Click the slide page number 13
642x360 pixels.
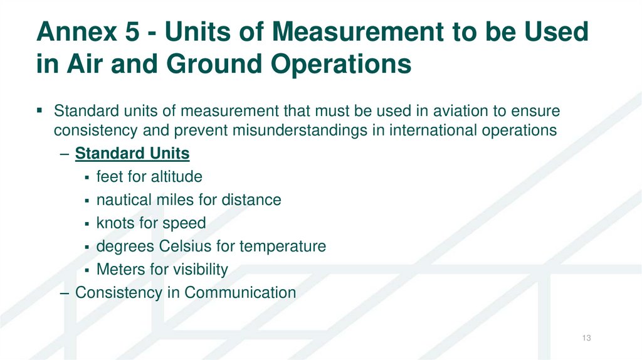coord(587,339)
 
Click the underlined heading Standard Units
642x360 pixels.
coord(132,154)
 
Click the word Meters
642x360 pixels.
coord(117,270)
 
